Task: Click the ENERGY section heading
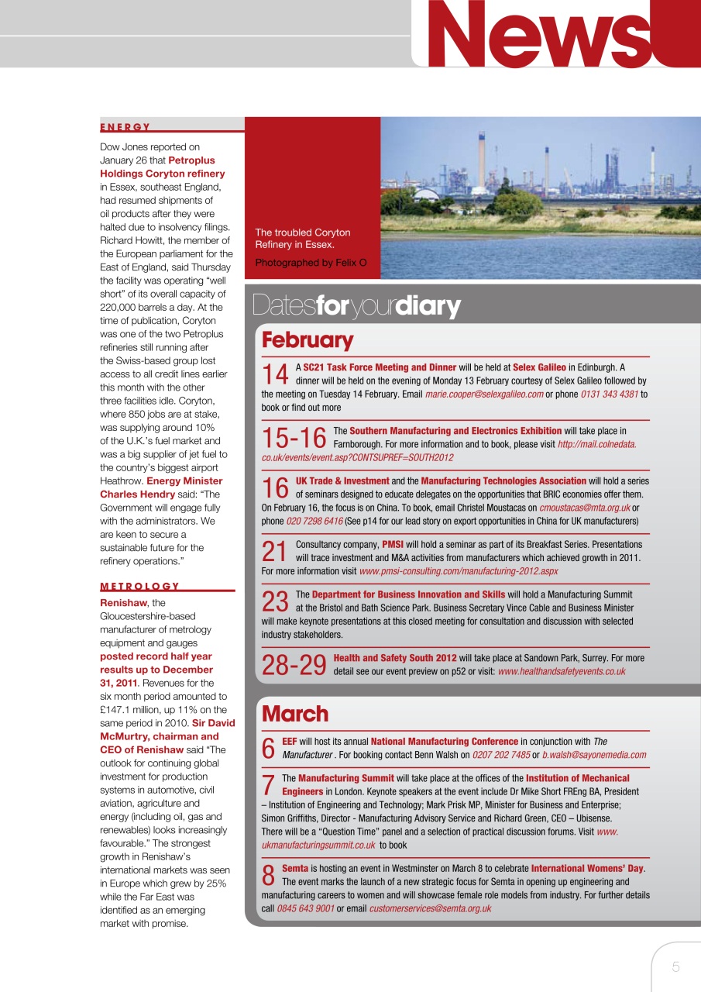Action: pos(125,127)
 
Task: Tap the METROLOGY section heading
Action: pos(139,587)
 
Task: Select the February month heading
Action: pos(308,340)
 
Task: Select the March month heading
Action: pos(295,714)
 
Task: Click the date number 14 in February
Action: pos(275,374)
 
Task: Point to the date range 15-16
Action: pos(294,438)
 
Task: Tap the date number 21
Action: pos(275,551)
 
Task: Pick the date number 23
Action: pos(275,602)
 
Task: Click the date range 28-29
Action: pos(294,665)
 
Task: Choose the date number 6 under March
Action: pos(269,748)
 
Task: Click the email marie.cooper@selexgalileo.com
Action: pos(484,394)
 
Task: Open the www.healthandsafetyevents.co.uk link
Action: pos(561,671)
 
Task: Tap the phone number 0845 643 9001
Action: pos(305,908)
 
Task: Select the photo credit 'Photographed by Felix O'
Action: pos(311,263)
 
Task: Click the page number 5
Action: pos(675,966)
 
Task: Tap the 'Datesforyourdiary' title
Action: pos(356,307)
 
